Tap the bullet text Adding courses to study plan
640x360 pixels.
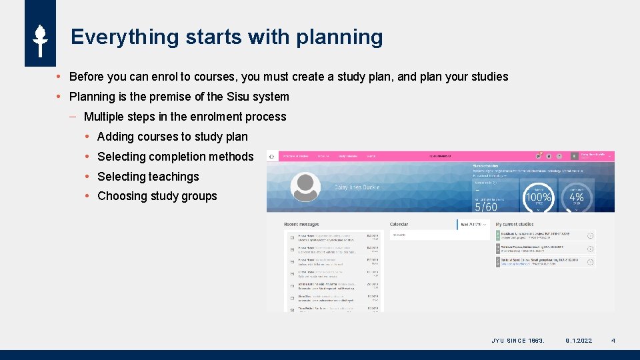[x=172, y=137]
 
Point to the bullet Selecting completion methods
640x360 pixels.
[x=175, y=157]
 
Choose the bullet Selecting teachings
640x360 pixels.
[x=148, y=177]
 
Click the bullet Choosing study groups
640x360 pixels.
[x=157, y=196]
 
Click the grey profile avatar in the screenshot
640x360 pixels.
[x=305, y=187]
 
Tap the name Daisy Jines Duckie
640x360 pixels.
[x=357, y=187]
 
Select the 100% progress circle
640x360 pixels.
[x=538, y=197]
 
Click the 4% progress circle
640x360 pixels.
[x=576, y=197]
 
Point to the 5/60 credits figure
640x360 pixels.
[x=486, y=207]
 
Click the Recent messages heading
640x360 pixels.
[x=301, y=225]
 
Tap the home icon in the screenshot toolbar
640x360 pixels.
[x=271, y=156]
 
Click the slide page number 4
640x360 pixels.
[x=613, y=341]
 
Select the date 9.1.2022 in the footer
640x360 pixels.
[x=579, y=341]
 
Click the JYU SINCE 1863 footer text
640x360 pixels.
[x=518, y=341]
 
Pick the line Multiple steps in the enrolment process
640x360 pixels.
[x=185, y=117]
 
